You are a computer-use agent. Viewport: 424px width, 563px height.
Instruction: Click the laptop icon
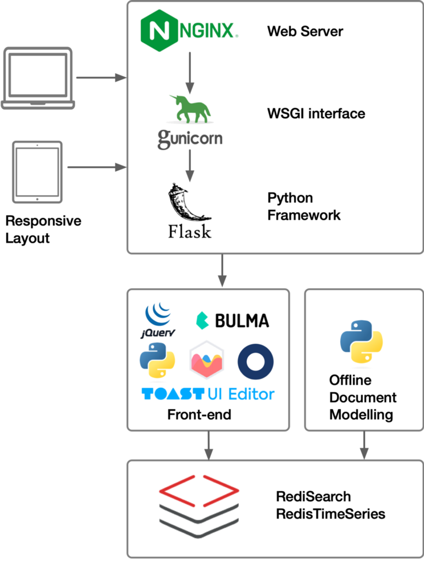(38, 78)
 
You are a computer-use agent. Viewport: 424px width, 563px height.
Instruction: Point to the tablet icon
(37, 172)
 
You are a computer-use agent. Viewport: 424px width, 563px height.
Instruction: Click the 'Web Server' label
(305, 31)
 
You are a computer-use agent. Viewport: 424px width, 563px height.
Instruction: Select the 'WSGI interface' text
(316, 114)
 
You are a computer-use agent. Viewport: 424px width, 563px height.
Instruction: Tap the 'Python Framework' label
(303, 206)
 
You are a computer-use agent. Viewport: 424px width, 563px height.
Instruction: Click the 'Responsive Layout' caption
(43, 229)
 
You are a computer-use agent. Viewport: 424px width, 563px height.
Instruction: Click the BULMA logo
(233, 321)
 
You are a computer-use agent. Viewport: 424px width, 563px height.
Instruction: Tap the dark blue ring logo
(256, 361)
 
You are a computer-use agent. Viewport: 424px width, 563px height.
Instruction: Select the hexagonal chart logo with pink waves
(207, 360)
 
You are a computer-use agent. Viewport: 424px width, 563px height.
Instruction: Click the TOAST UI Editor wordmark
(208, 394)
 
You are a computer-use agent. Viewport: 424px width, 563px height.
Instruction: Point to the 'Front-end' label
(199, 414)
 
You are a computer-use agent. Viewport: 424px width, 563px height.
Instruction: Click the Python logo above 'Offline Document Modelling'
(361, 341)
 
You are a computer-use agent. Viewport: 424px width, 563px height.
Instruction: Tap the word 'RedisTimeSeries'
(331, 514)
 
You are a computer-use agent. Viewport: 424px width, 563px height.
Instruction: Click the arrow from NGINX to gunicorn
(190, 73)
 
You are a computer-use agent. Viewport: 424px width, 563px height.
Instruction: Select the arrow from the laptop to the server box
(101, 78)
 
